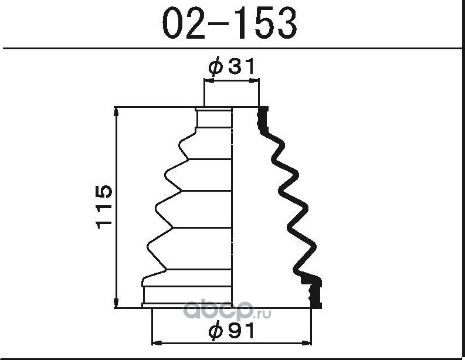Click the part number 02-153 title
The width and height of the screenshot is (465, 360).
(229, 23)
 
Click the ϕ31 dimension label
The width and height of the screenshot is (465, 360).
(231, 66)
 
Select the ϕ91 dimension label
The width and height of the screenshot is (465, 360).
(231, 330)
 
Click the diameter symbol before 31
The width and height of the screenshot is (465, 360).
(215, 67)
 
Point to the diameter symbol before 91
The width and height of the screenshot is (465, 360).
(215, 331)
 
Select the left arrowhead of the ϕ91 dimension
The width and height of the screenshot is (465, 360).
(157, 344)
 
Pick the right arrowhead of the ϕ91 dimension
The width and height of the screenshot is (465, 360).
(307, 344)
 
